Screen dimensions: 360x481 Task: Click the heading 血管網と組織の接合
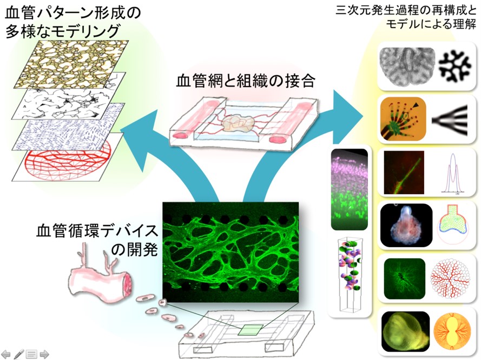tap(245, 82)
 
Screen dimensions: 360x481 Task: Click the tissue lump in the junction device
tap(238, 124)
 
